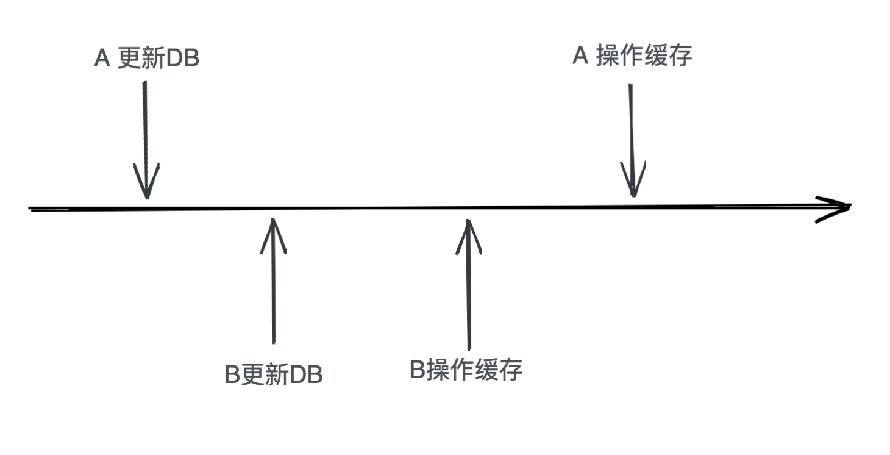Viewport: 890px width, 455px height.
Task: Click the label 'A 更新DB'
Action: click(147, 59)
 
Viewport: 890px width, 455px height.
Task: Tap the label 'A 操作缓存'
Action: click(632, 56)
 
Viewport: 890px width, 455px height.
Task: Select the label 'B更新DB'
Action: click(274, 374)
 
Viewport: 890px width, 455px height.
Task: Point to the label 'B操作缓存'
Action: click(466, 370)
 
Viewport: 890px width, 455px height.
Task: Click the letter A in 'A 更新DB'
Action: click(102, 59)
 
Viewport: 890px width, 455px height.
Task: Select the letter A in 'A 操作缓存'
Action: click(580, 56)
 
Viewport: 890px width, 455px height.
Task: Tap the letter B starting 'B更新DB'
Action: click(232, 374)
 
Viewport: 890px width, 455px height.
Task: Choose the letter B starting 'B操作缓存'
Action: click(417, 370)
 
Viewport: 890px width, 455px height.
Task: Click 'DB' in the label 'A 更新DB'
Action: click(182, 59)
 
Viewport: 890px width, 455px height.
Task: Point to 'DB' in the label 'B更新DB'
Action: click(306, 374)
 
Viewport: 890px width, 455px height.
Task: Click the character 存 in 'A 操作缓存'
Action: click(680, 56)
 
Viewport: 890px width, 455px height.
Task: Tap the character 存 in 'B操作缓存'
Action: click(511, 370)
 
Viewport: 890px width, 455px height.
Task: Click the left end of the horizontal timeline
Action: click(29, 209)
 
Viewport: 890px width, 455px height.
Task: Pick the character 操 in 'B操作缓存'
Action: click(438, 370)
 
